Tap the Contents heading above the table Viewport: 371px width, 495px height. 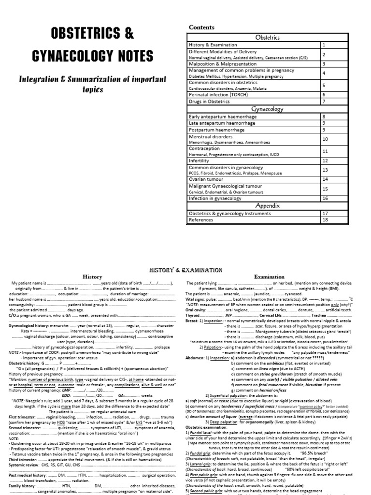point(201,28)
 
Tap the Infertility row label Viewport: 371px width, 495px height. point(199,160)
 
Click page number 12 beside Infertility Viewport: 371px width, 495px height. point(325,160)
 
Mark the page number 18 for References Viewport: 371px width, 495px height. point(325,219)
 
